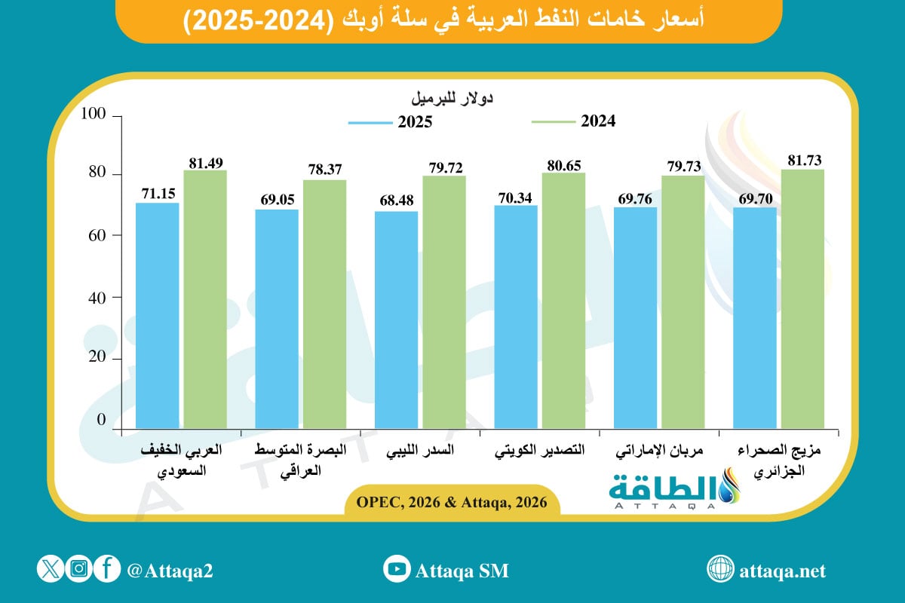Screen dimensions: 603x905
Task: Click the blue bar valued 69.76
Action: (x=635, y=317)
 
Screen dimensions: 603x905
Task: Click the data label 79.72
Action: (x=443, y=167)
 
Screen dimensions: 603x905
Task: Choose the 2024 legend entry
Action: (x=573, y=121)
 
